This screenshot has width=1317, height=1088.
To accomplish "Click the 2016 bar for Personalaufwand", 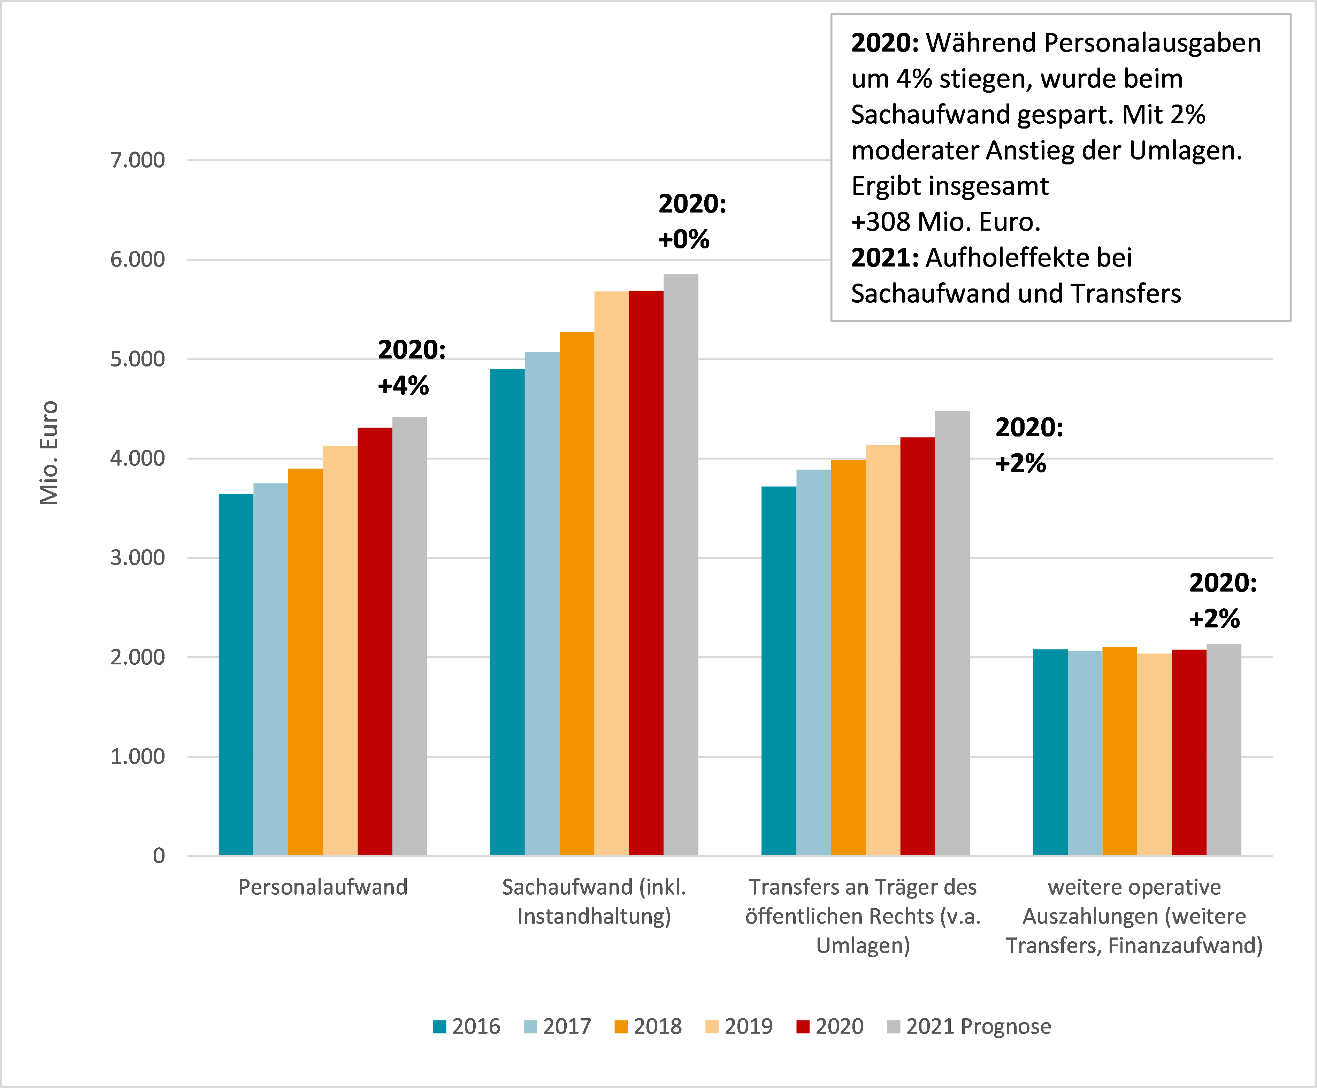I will tap(236, 674).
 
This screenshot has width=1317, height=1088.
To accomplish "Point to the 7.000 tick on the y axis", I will tap(138, 161).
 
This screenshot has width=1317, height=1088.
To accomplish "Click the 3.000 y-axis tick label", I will tap(138, 558).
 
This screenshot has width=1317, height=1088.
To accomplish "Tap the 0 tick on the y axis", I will tap(159, 856).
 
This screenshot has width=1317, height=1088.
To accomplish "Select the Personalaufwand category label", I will tap(323, 887).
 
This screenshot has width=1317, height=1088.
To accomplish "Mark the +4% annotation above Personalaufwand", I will tap(403, 385).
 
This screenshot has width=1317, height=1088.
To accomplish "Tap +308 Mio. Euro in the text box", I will tap(945, 222).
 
